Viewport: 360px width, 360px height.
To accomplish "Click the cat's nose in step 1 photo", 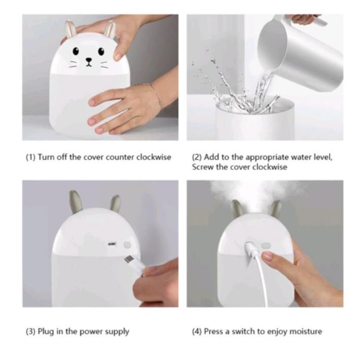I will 89,59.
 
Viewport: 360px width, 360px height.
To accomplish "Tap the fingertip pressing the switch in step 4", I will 267,257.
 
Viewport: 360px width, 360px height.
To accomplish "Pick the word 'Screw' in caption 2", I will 201,167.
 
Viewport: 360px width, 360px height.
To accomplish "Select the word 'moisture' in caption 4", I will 306,332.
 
